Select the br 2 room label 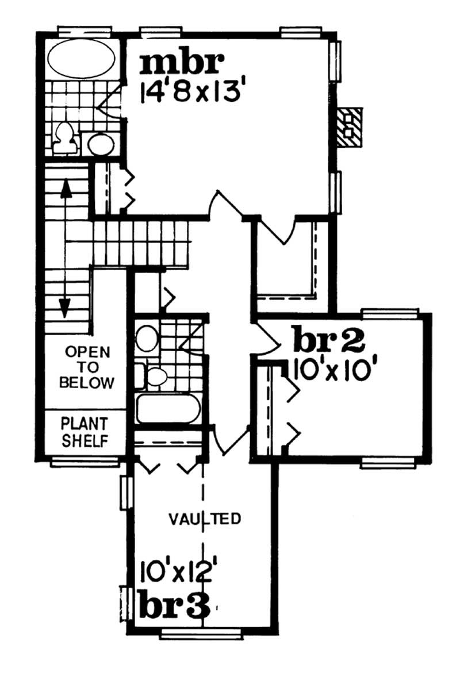coord(328,341)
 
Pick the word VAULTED coord(204,519)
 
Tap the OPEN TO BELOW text coord(87,367)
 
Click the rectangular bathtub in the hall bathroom coord(168,408)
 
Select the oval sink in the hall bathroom coord(146,338)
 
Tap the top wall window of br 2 coord(390,314)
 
